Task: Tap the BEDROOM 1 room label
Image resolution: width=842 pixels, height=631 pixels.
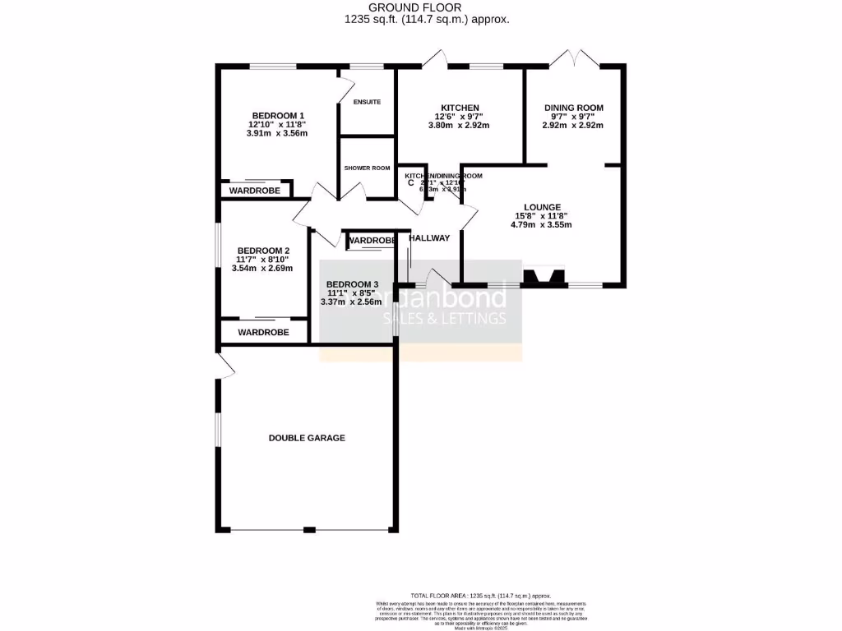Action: pyautogui.click(x=278, y=115)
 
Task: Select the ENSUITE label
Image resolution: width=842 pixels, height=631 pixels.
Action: pyautogui.click(x=367, y=102)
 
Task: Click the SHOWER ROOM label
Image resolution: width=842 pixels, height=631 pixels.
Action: pyautogui.click(x=367, y=168)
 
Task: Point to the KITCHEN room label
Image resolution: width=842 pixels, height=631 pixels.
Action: pyautogui.click(x=460, y=108)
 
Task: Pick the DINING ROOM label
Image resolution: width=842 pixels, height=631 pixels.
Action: pyautogui.click(x=574, y=108)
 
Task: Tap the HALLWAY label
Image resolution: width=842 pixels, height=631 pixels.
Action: pyautogui.click(x=430, y=238)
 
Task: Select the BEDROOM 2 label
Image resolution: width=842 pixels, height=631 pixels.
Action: pyautogui.click(x=263, y=251)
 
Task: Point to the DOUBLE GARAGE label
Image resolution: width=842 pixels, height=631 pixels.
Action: pyautogui.click(x=307, y=438)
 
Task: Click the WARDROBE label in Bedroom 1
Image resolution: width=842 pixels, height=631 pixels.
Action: pyautogui.click(x=254, y=191)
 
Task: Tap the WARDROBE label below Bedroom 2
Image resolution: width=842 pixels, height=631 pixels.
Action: pyautogui.click(x=263, y=333)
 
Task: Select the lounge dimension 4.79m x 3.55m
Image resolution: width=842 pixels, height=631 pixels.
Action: pyautogui.click(x=542, y=224)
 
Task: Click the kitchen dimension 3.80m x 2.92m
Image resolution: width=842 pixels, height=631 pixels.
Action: pyautogui.click(x=460, y=126)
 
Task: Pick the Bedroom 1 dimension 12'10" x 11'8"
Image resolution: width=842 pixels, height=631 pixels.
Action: pyautogui.click(x=278, y=124)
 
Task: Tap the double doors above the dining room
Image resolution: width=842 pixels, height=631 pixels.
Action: pyautogui.click(x=574, y=58)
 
